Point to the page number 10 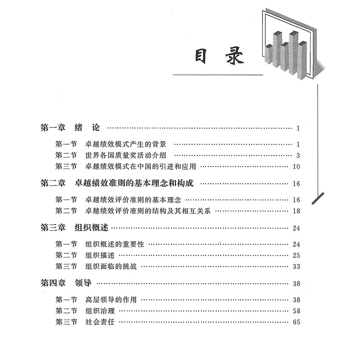[297, 167]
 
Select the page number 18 [297, 211]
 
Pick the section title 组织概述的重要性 [115, 244]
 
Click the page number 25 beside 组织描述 [297, 255]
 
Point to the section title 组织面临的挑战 [111, 266]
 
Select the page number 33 [297, 266]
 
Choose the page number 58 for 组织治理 [297, 310]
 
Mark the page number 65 [297, 321]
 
